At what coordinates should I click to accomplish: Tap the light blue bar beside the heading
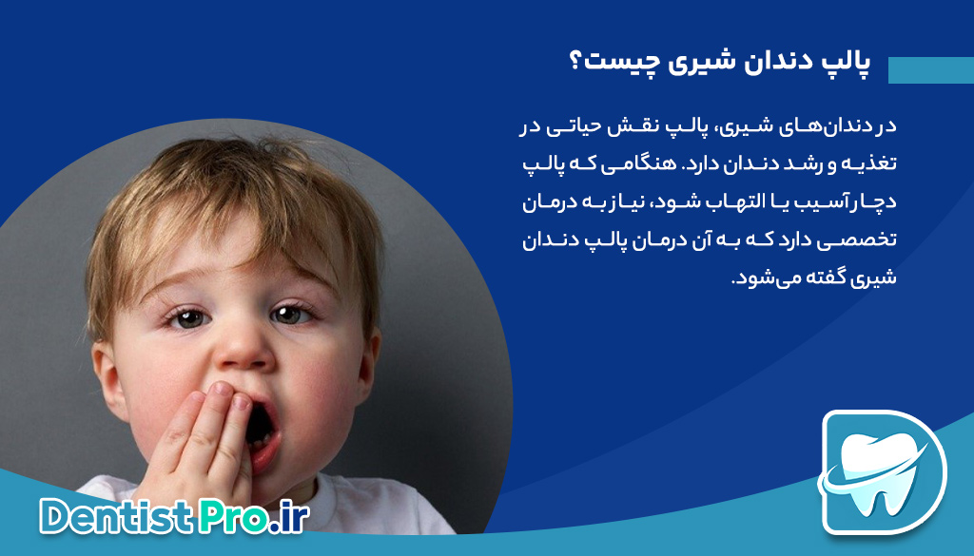(x=931, y=70)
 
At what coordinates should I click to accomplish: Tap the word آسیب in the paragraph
(x=801, y=202)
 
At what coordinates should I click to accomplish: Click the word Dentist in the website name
(x=116, y=516)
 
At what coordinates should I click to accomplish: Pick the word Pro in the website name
(x=233, y=516)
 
